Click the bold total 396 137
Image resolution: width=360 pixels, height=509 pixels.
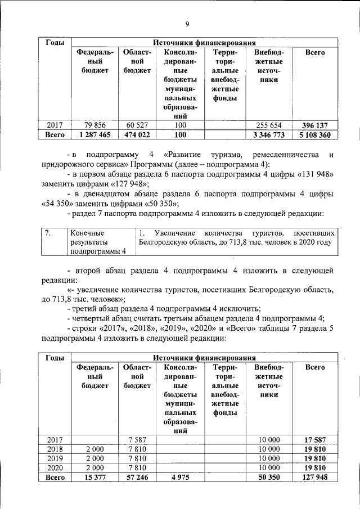(x=314, y=125)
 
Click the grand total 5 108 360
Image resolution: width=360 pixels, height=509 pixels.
(x=314, y=135)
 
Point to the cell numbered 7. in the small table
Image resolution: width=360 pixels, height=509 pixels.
(x=49, y=232)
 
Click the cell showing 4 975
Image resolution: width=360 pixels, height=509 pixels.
(x=180, y=477)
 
